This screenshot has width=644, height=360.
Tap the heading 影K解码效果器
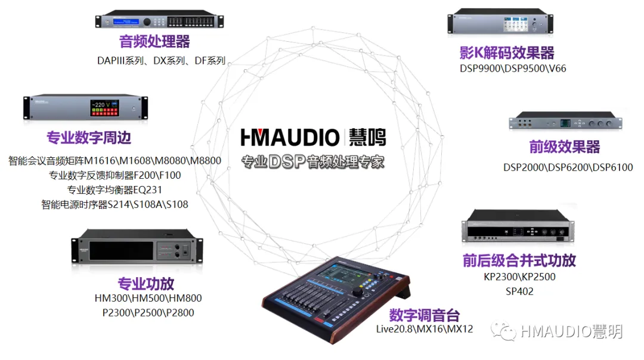507,52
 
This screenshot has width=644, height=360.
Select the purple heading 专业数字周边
89,138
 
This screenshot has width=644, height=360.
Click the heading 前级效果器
565,147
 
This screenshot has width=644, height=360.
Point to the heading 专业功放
146,283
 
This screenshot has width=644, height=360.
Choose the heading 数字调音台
425,315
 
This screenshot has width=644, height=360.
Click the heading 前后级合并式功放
519,260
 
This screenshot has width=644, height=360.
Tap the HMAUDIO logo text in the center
290,138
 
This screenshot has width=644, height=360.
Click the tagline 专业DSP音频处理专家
313,161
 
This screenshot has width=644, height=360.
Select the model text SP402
519,291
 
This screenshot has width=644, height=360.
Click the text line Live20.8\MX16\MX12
424,329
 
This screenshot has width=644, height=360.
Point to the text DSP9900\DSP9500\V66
513,69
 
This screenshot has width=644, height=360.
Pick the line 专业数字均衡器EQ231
114,190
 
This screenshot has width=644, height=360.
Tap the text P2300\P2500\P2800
148,312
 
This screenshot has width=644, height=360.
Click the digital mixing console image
337,301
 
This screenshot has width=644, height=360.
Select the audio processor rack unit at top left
160,20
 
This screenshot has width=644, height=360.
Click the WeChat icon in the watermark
503,331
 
